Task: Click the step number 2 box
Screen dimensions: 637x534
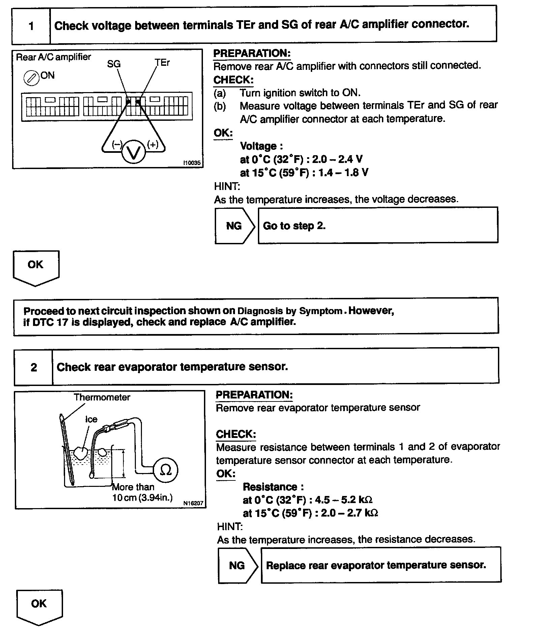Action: coord(34,367)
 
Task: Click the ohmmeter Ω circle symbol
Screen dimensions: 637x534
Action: coord(165,470)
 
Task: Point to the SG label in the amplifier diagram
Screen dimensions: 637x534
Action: coord(114,64)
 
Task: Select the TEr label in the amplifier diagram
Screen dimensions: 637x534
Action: coord(162,63)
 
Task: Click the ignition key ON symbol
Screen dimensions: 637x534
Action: coord(30,78)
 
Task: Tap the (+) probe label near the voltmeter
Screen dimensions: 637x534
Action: coord(153,144)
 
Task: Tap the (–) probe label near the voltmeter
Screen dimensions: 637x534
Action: coord(117,144)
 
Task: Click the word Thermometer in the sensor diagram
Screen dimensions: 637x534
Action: coord(102,397)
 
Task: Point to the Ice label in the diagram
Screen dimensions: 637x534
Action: coord(91,419)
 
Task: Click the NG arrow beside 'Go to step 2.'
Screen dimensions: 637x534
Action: coord(235,226)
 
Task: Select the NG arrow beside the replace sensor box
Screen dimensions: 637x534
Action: coord(237,565)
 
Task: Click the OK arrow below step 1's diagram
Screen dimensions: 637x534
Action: coord(36,267)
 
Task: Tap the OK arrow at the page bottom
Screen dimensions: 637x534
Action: coord(39,606)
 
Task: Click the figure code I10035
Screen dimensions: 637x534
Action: coord(192,163)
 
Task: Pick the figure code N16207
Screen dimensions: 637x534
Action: coord(193,503)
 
